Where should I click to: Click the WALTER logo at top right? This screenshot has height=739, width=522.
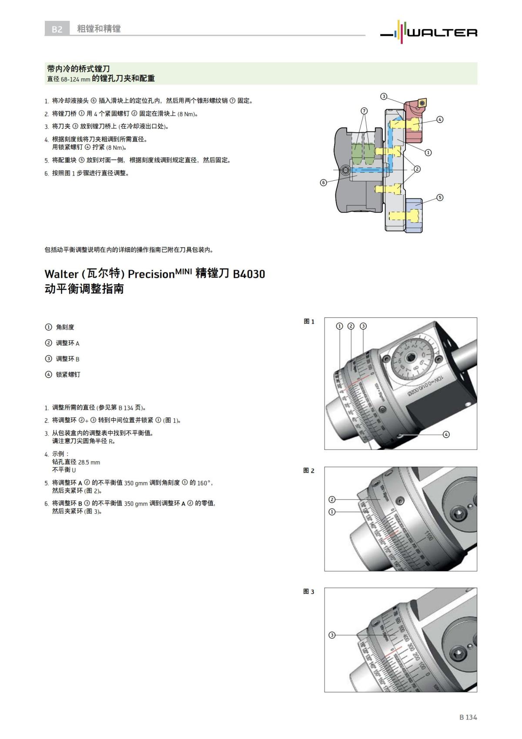428,31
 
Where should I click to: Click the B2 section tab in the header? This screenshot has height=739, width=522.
57,29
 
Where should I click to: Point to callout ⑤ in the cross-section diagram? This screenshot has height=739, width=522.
440,197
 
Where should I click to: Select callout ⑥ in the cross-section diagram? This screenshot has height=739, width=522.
323,182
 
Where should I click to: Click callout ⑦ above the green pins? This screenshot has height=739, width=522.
364,111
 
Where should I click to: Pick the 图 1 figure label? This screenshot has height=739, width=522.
309,321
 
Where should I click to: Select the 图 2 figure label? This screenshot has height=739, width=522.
309,470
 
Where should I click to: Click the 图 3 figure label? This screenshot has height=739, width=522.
309,591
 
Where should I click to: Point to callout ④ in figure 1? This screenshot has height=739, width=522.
446,434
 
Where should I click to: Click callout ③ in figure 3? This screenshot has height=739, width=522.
332,635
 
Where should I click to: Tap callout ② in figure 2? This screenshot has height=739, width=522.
332,499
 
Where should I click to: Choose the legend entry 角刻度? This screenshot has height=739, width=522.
65,327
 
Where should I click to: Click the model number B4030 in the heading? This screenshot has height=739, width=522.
249,274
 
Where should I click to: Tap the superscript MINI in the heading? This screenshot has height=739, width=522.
183,270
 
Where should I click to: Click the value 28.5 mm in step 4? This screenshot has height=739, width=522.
89,462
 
